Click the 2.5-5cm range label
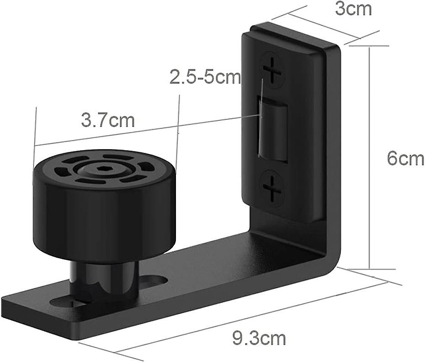(x=205, y=77)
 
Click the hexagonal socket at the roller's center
(x=100, y=169)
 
